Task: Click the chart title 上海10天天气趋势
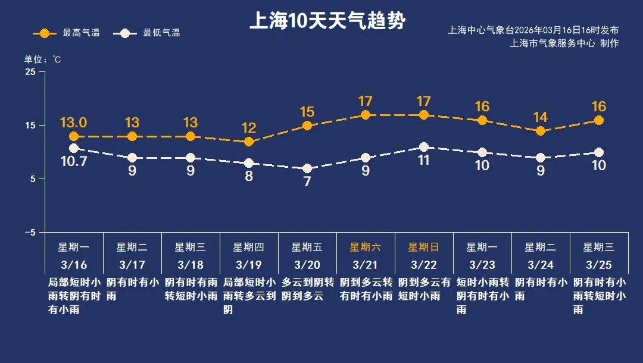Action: click(x=327, y=21)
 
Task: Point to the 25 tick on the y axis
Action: click(x=30, y=72)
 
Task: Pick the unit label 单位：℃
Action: click(x=42, y=60)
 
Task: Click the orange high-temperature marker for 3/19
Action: click(x=249, y=142)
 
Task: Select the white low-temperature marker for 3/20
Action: click(x=307, y=168)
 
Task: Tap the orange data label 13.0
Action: click(x=74, y=123)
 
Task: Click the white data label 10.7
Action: click(x=74, y=161)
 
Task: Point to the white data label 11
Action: click(x=424, y=160)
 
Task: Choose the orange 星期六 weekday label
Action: click(x=366, y=247)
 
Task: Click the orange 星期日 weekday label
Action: click(x=424, y=247)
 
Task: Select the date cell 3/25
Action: click(x=598, y=264)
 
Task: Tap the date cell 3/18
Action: click(x=190, y=264)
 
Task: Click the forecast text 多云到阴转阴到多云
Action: click(x=307, y=289)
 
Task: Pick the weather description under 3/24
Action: click(x=541, y=289)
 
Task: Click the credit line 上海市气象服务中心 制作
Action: click(x=564, y=43)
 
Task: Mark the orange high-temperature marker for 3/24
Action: click(x=541, y=131)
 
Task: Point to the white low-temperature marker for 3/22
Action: click(x=424, y=147)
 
